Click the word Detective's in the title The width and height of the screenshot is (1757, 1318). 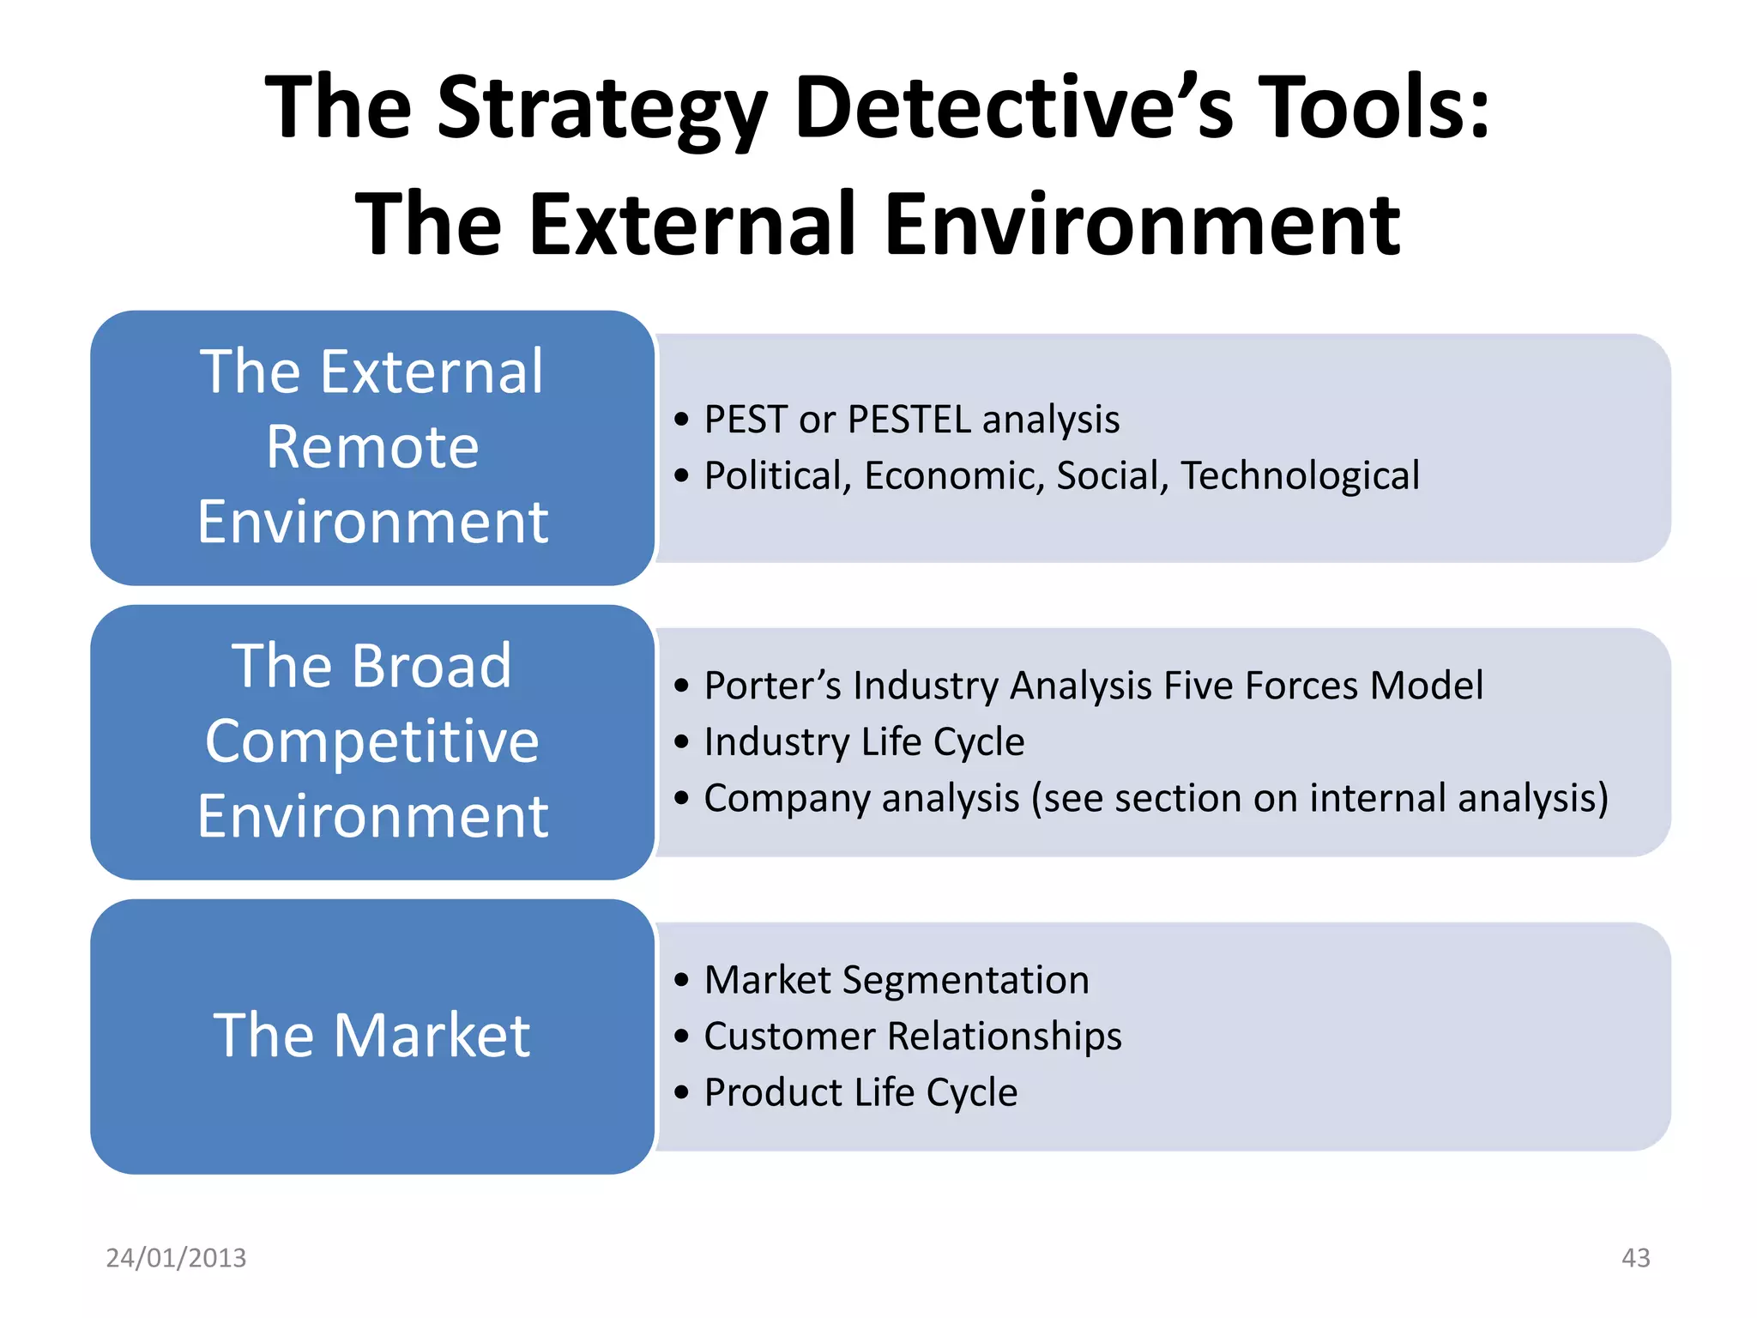click(1013, 107)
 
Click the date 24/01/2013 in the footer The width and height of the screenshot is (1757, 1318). click(176, 1257)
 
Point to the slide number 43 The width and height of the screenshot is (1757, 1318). click(1635, 1257)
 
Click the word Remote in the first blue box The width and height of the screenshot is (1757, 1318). click(372, 447)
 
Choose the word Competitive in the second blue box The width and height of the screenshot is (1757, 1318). click(372, 741)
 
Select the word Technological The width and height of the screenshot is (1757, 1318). click(1299, 475)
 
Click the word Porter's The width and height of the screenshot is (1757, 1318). click(772, 686)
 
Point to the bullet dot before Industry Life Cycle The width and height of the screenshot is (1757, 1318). click(681, 742)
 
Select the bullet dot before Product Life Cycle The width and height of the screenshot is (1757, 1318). click(681, 1093)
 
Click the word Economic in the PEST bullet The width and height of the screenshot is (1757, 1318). click(954, 475)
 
